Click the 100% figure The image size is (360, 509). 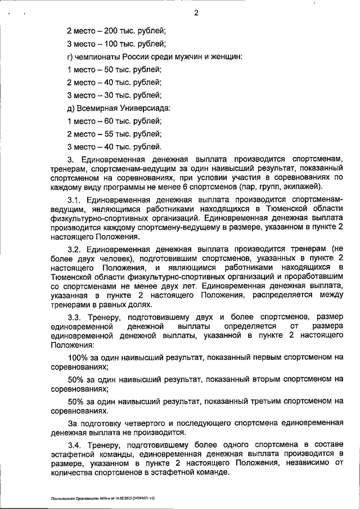tap(77, 357)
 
